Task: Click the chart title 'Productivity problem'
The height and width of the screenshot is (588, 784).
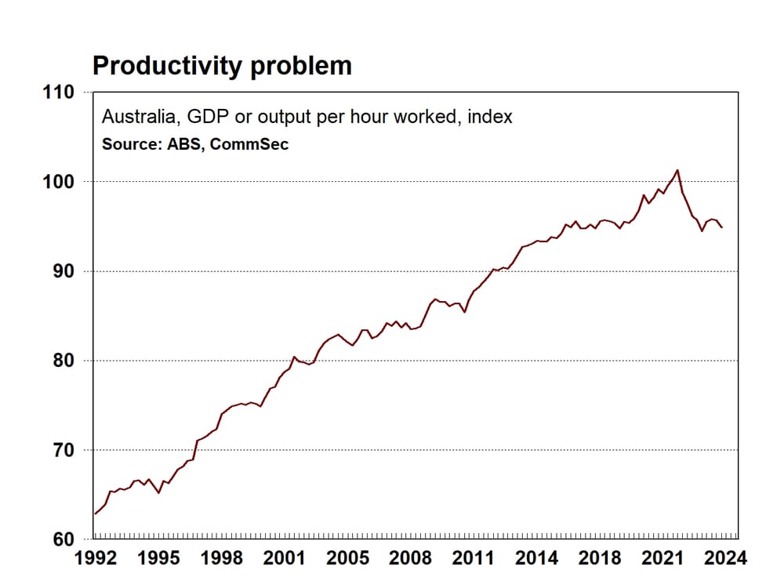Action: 222,66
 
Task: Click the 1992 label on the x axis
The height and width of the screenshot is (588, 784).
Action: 94,558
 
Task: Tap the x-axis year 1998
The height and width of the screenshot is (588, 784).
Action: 220,558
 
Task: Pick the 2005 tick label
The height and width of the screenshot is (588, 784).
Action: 347,558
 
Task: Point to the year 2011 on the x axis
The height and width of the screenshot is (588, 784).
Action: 474,558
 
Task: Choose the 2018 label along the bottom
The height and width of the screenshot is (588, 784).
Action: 600,558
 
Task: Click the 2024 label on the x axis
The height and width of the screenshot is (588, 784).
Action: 724,558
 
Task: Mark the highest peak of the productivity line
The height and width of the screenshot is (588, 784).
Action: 677,170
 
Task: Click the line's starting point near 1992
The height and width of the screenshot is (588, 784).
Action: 95,514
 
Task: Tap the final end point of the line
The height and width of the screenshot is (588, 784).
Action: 722,227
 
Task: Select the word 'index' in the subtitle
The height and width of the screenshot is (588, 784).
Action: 490,118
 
